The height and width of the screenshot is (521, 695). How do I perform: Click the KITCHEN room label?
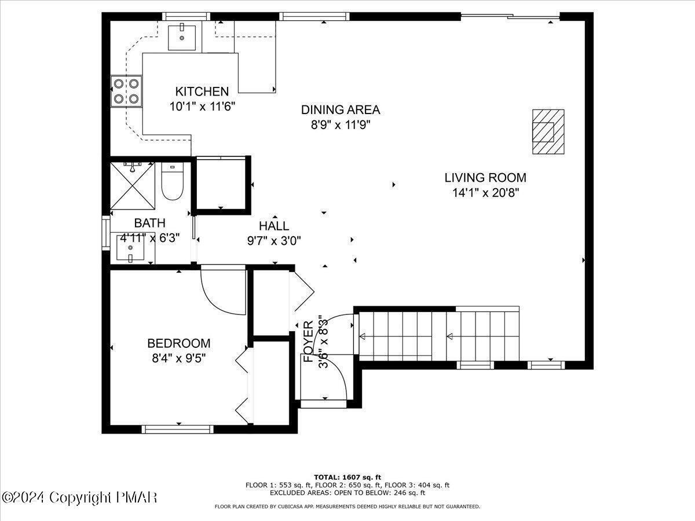(202, 91)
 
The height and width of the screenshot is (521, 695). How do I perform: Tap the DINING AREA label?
(340, 109)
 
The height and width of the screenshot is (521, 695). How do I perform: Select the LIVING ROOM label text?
(485, 178)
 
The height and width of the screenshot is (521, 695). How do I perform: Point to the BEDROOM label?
(178, 343)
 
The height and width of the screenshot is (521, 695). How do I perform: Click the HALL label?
(274, 226)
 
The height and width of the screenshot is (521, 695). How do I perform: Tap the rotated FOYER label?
(309, 342)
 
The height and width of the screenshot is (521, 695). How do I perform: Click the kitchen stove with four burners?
(127, 91)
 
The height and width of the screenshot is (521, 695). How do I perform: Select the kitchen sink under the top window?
(182, 37)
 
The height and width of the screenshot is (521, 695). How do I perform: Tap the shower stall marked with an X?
(133, 186)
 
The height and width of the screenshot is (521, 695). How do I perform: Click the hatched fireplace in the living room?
(548, 132)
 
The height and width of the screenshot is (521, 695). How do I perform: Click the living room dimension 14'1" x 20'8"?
(485, 193)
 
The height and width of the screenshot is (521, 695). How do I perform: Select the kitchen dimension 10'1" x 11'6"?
(202, 107)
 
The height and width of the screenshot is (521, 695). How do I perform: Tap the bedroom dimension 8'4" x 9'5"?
(178, 358)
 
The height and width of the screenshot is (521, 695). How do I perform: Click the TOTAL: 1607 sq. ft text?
(347, 477)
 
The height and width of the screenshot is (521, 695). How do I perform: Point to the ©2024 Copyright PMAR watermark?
(79, 497)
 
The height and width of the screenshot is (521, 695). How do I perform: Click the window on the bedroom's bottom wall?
(178, 429)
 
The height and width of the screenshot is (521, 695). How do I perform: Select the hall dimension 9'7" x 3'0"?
(274, 240)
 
